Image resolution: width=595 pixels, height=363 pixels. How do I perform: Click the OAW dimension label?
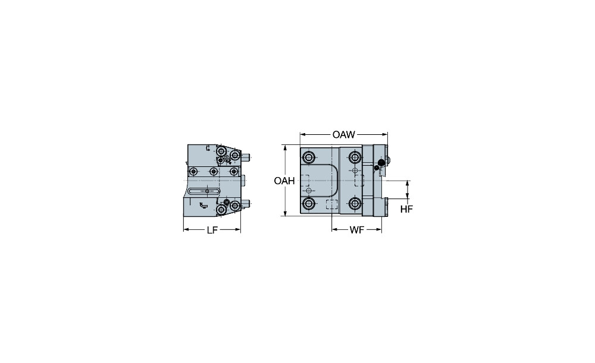(x=343, y=134)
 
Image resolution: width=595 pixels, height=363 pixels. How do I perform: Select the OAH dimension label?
(x=284, y=181)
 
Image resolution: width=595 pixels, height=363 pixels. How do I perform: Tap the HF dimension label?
(x=406, y=209)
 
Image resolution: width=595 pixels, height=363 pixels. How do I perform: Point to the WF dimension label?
(x=356, y=230)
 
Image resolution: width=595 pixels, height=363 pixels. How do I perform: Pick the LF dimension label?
(x=212, y=230)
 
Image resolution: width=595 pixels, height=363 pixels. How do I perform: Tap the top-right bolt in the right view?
(x=355, y=157)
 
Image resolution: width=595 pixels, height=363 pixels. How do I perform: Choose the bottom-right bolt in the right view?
(x=355, y=204)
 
